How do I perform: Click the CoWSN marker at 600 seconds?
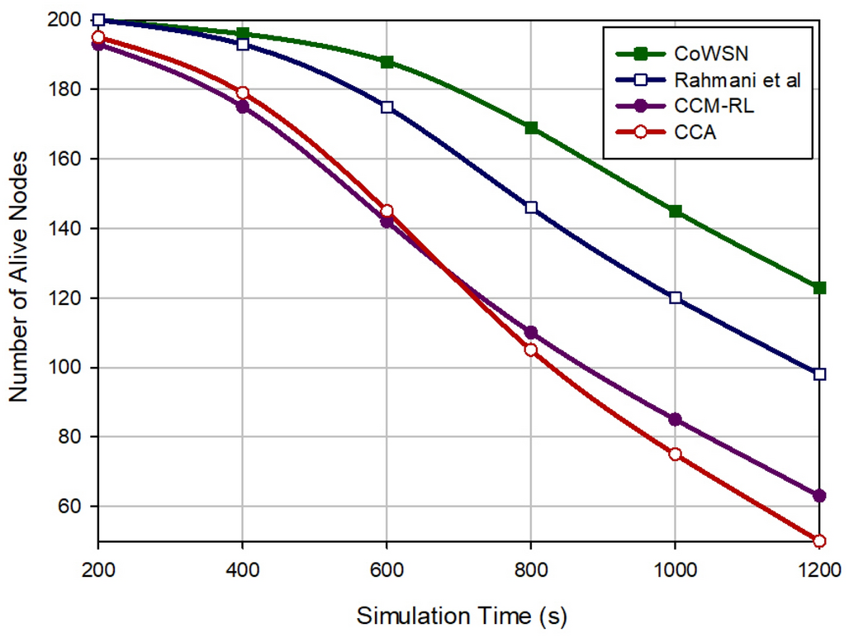coord(387,62)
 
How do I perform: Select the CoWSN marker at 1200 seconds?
coord(819,288)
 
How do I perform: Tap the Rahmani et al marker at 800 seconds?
coord(531,207)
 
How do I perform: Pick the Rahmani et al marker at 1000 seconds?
coord(676,298)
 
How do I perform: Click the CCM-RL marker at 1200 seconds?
coord(819,496)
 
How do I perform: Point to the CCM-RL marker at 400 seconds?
coord(243,107)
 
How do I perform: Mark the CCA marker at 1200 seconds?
coord(819,540)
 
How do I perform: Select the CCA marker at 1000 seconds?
coord(676,454)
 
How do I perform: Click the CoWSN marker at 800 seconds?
coord(531,128)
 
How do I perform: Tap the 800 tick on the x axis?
coord(531,570)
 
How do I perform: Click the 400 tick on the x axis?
coord(243,570)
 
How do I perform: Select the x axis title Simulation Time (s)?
coord(462,616)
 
